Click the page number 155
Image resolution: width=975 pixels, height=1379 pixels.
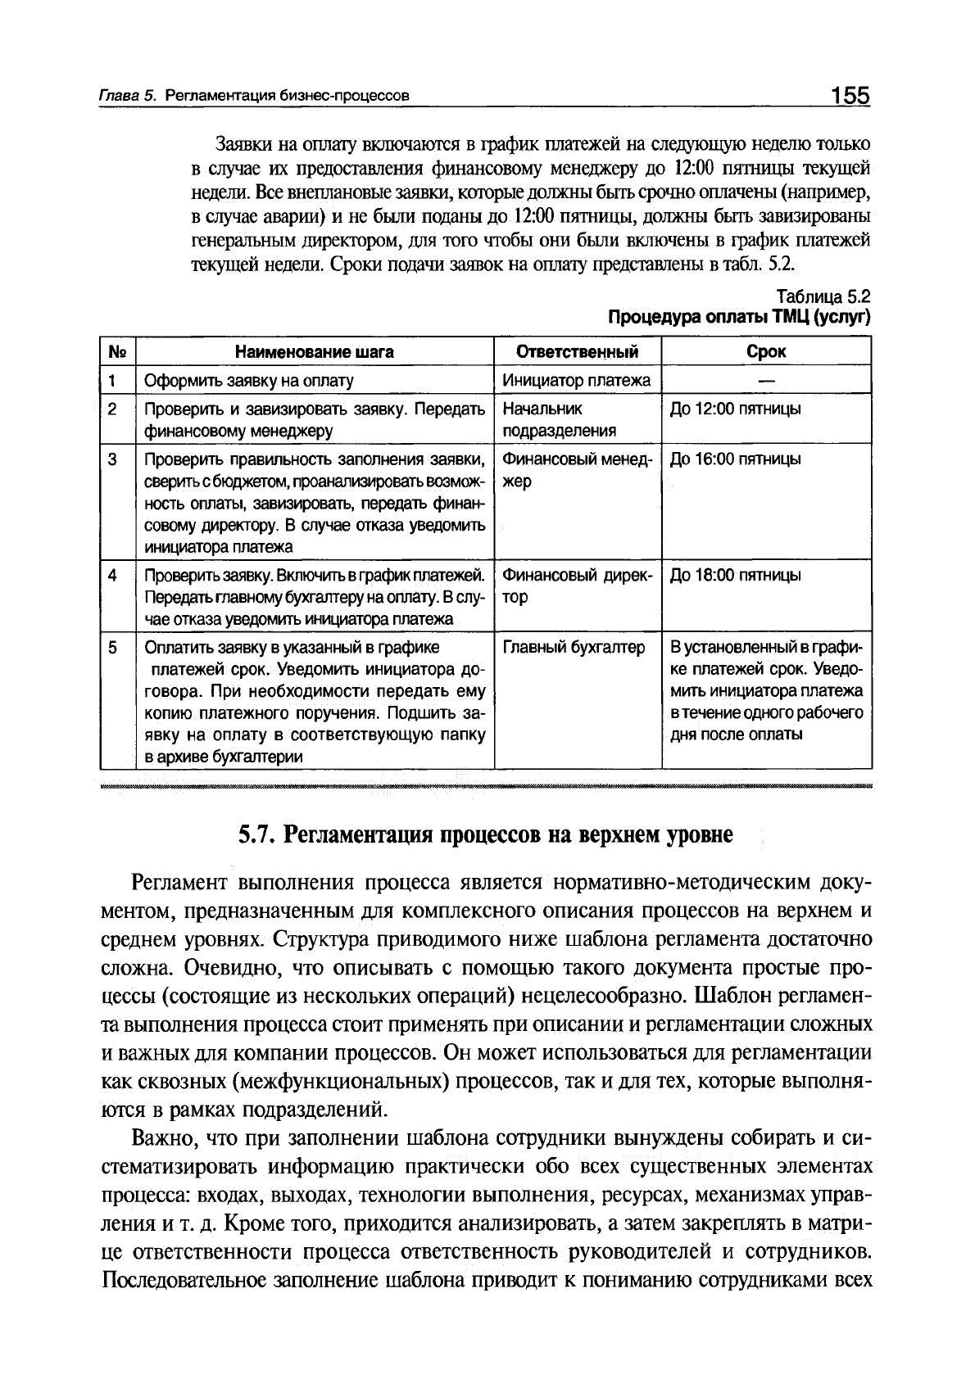[x=849, y=96]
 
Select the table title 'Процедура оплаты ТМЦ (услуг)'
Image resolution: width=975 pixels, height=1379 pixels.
[x=737, y=317]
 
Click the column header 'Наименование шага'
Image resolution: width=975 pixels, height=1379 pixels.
[x=315, y=352]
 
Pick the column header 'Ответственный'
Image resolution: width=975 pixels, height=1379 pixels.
[x=578, y=352]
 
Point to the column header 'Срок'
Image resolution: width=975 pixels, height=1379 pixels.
[x=766, y=352]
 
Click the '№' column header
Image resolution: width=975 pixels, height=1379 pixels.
[x=117, y=352]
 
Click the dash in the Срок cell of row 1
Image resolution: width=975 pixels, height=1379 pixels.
[x=766, y=380]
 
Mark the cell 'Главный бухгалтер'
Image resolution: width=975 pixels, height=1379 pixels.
[x=574, y=647]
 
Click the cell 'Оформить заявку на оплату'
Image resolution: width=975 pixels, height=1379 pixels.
[x=249, y=381]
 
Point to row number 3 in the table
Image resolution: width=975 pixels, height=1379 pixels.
[x=112, y=459]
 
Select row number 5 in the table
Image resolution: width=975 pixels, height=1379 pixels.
[x=112, y=647]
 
